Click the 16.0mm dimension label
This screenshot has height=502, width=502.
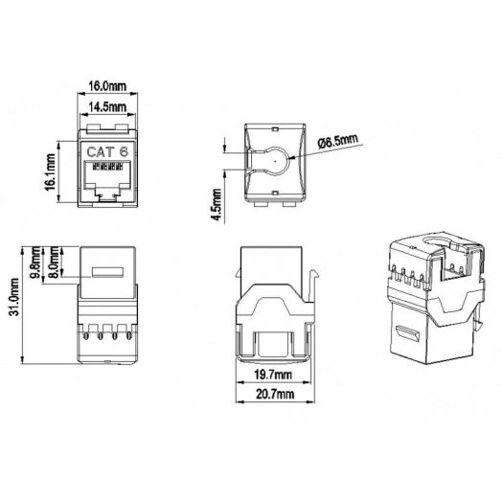107,85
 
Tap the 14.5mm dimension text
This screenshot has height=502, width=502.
107,106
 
